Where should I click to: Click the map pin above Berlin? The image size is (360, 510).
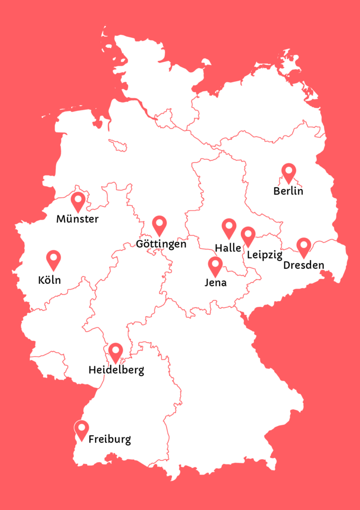pyautogui.click(x=289, y=172)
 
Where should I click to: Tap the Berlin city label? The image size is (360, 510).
pyautogui.click(x=288, y=191)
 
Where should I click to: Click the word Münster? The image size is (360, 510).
pyautogui.click(x=77, y=219)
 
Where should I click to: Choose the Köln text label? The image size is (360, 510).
pyautogui.click(x=49, y=280)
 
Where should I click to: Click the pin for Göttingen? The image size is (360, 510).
pyautogui.click(x=159, y=225)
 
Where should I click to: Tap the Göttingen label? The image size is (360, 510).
pyautogui.click(x=161, y=244)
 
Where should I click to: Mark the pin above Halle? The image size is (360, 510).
pyautogui.click(x=229, y=228)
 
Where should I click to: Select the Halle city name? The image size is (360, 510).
pyautogui.click(x=228, y=248)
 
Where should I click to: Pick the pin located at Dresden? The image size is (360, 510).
pyautogui.click(x=304, y=247)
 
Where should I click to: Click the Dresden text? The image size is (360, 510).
pyautogui.click(x=304, y=265)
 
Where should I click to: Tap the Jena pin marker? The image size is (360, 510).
pyautogui.click(x=215, y=265)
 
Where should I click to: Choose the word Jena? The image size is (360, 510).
pyautogui.click(x=216, y=283)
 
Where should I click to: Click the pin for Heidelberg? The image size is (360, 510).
pyautogui.click(x=116, y=352)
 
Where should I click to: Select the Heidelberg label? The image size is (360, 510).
pyautogui.click(x=116, y=371)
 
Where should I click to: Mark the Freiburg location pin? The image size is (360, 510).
pyautogui.click(x=81, y=429)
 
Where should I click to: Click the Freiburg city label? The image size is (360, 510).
pyautogui.click(x=110, y=440)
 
